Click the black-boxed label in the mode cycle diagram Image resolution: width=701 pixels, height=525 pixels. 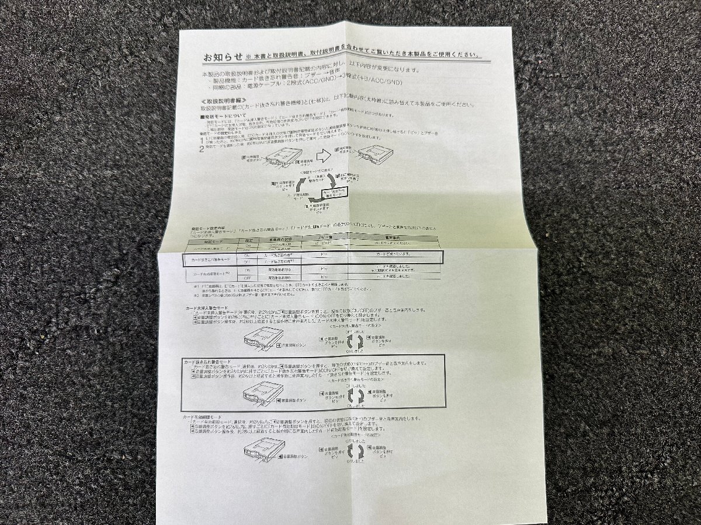334,193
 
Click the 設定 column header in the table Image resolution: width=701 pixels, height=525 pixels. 248,240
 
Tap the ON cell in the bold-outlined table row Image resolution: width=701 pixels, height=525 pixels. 247,254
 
